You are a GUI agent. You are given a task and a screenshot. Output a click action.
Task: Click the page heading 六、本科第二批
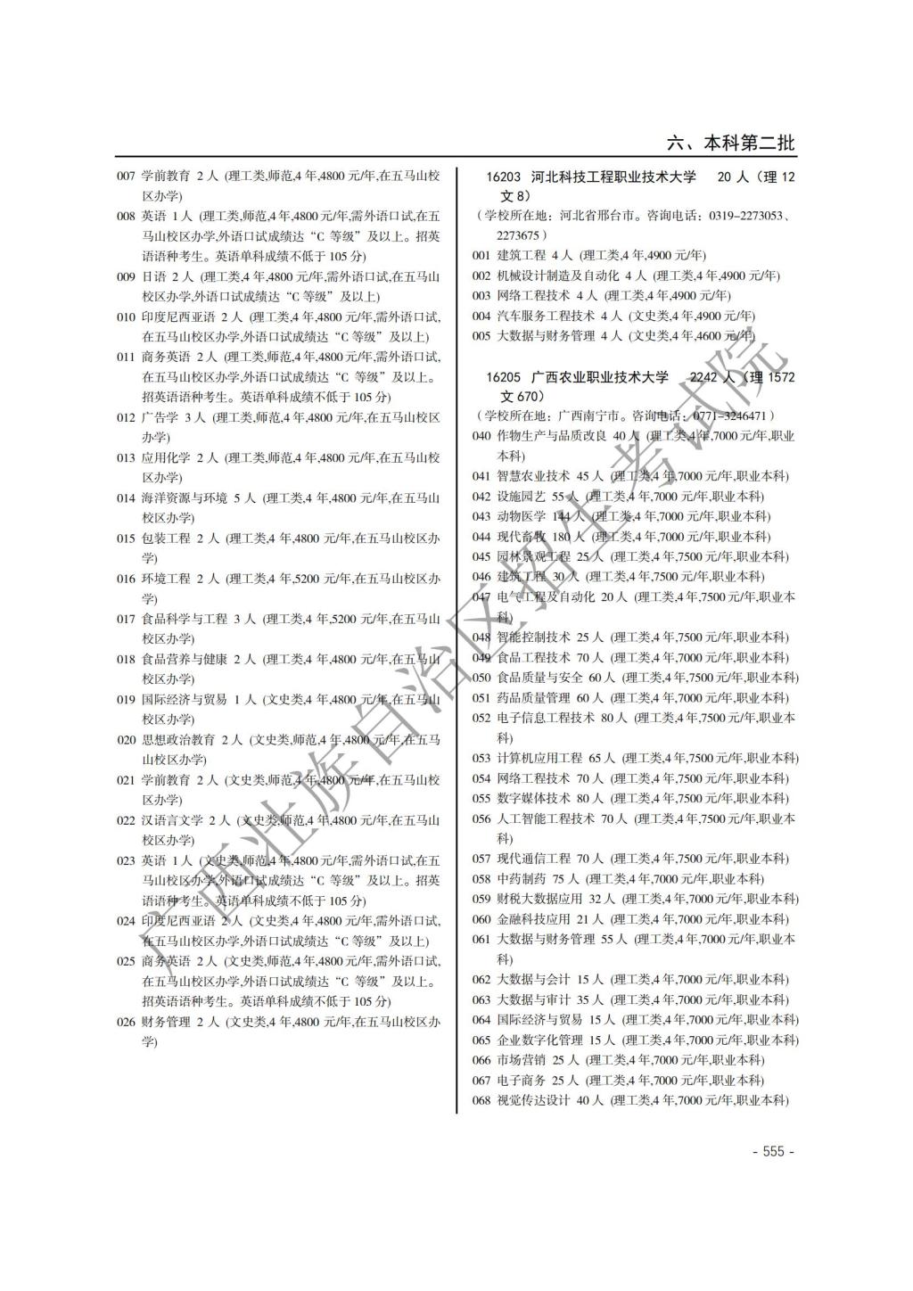[x=731, y=143]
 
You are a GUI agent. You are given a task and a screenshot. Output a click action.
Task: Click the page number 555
[x=772, y=1151]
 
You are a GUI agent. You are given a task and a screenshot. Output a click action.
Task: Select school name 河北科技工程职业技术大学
[x=613, y=177]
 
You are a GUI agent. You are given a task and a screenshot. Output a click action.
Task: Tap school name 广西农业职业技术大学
[x=599, y=377]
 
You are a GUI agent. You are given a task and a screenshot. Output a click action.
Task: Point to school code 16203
[x=504, y=177]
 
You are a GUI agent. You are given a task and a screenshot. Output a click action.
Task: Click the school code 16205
[x=504, y=377]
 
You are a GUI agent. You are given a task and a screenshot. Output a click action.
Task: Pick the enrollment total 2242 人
[x=712, y=377]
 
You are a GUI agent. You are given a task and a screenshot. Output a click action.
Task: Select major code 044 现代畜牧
[x=481, y=537]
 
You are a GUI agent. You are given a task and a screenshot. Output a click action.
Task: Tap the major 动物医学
[x=521, y=516]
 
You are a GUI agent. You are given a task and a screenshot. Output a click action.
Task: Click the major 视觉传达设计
[x=533, y=1100]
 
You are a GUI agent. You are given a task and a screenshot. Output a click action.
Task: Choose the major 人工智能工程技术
[x=546, y=818]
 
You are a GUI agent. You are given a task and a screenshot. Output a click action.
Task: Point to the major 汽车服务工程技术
[x=546, y=316]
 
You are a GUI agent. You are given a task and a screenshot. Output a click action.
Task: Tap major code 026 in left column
[x=126, y=1022]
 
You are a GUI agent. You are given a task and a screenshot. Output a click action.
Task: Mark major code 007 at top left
[x=126, y=176]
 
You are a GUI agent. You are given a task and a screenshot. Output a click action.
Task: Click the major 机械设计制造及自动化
[x=558, y=275]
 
